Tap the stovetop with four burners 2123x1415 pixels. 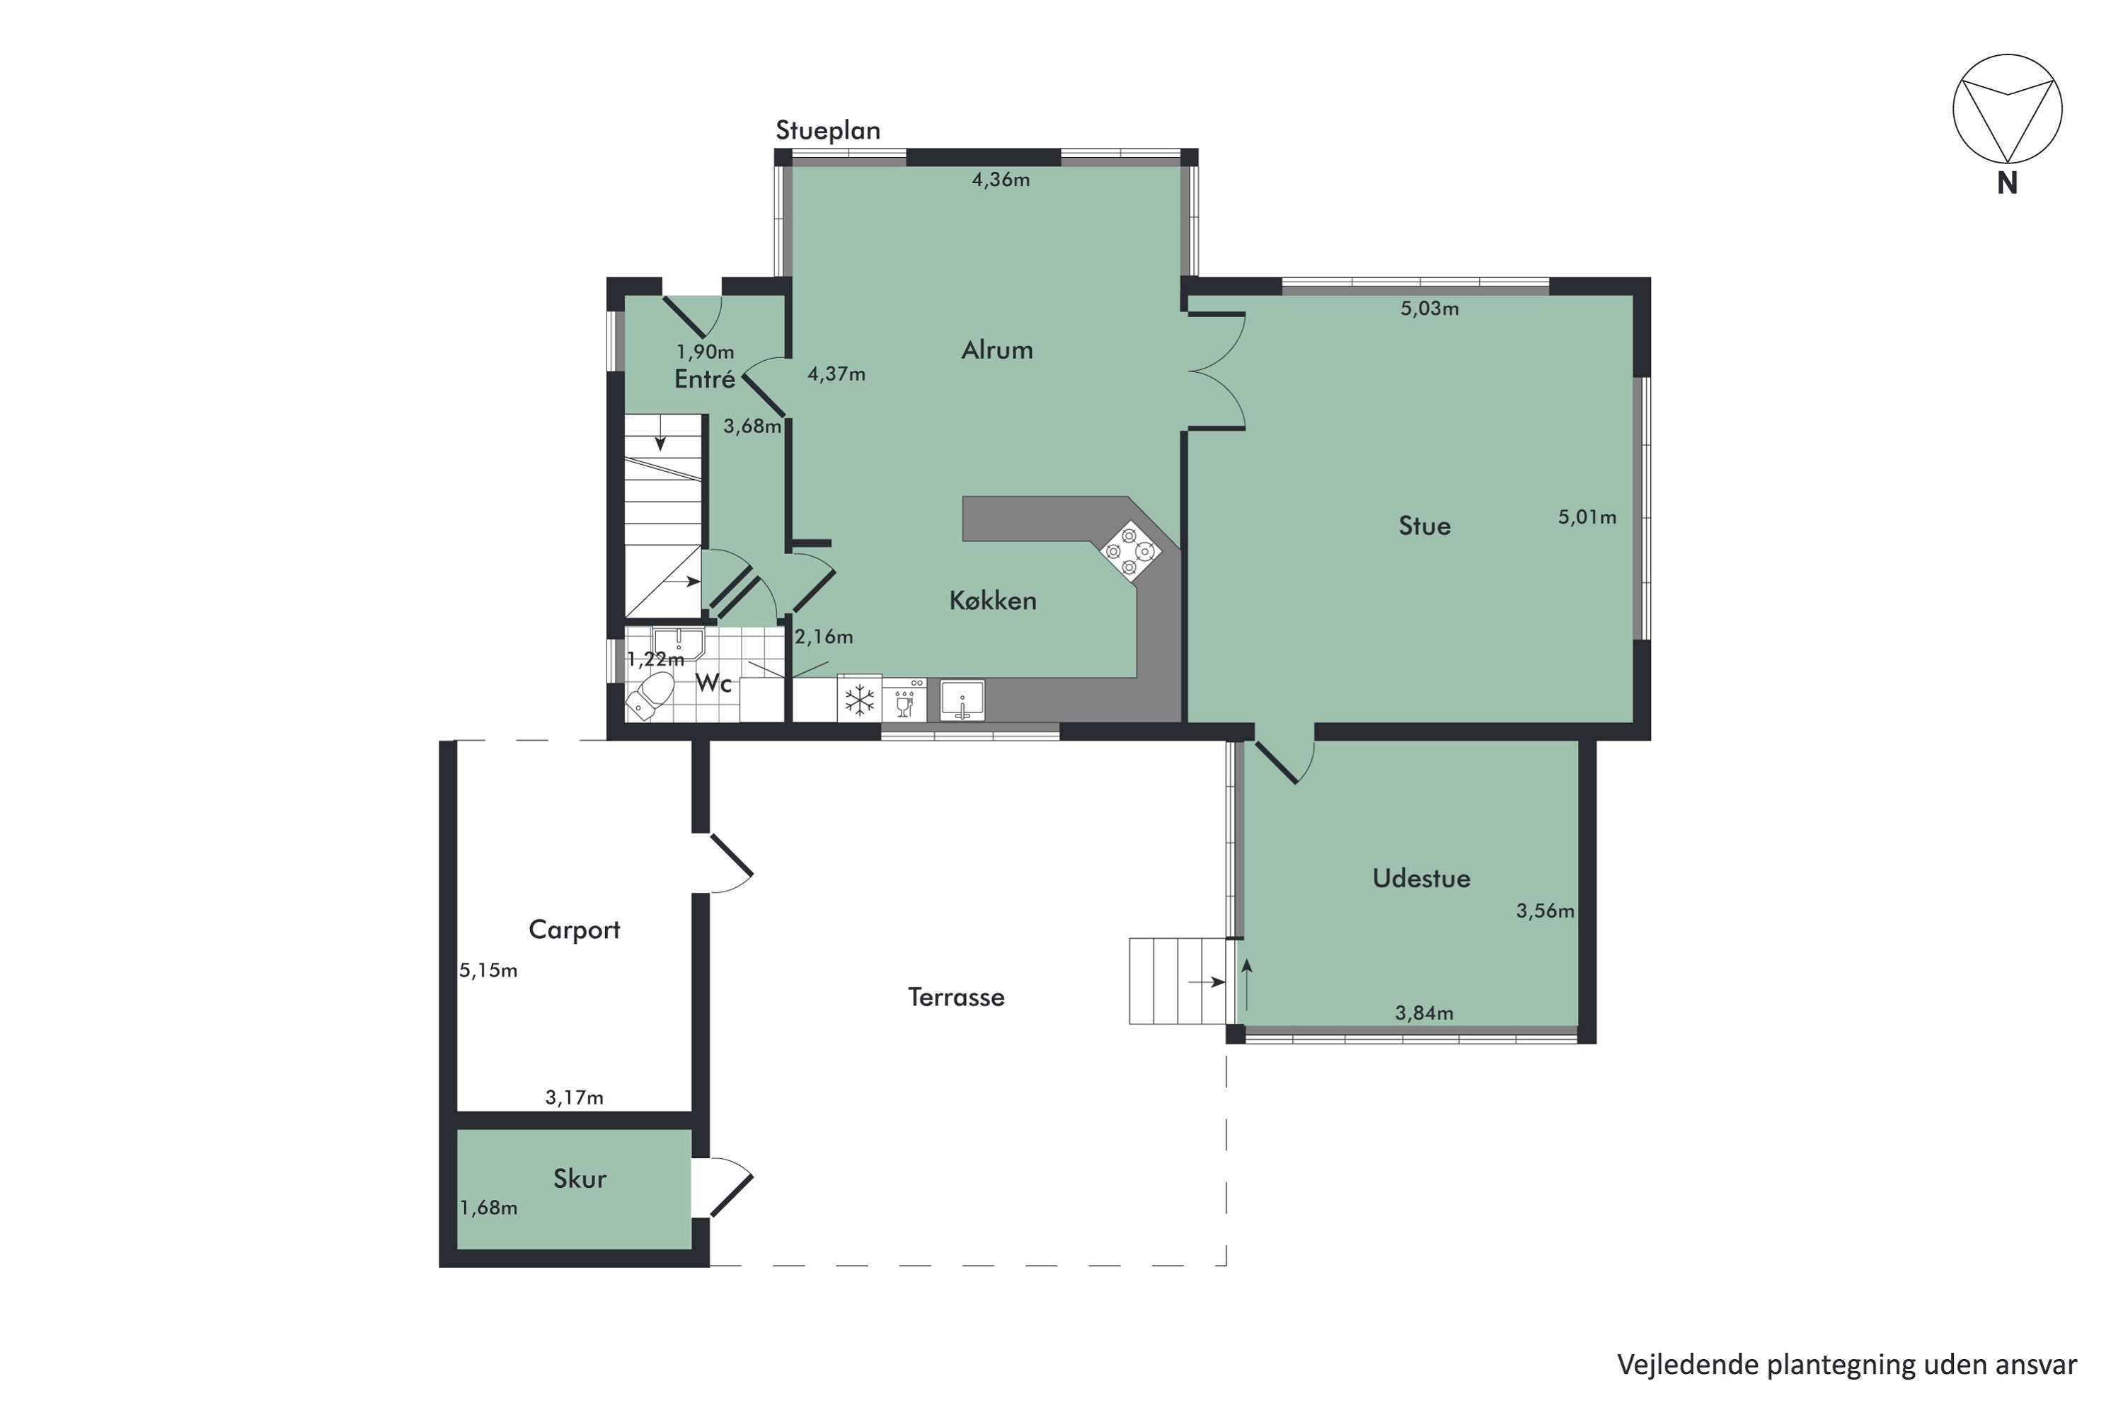pos(1129,550)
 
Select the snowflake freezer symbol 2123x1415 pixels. pos(859,700)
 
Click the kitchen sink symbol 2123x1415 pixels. pos(962,700)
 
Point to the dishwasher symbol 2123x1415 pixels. pos(904,700)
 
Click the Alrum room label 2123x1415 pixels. pos(996,350)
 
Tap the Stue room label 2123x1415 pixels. pos(1425,526)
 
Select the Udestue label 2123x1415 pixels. pos(1421,878)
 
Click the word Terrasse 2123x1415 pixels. pos(956,997)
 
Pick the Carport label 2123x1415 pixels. pos(574,930)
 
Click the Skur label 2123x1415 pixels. pos(580,1179)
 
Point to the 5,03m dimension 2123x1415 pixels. pos(1429,308)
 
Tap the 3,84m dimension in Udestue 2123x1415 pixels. pos(1425,1013)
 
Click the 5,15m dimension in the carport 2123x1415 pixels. pos(488,971)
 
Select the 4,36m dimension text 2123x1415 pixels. pos(1001,180)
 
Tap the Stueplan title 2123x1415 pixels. pos(828,131)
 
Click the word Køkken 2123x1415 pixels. pos(993,601)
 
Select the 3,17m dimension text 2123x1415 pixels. pos(574,1098)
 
